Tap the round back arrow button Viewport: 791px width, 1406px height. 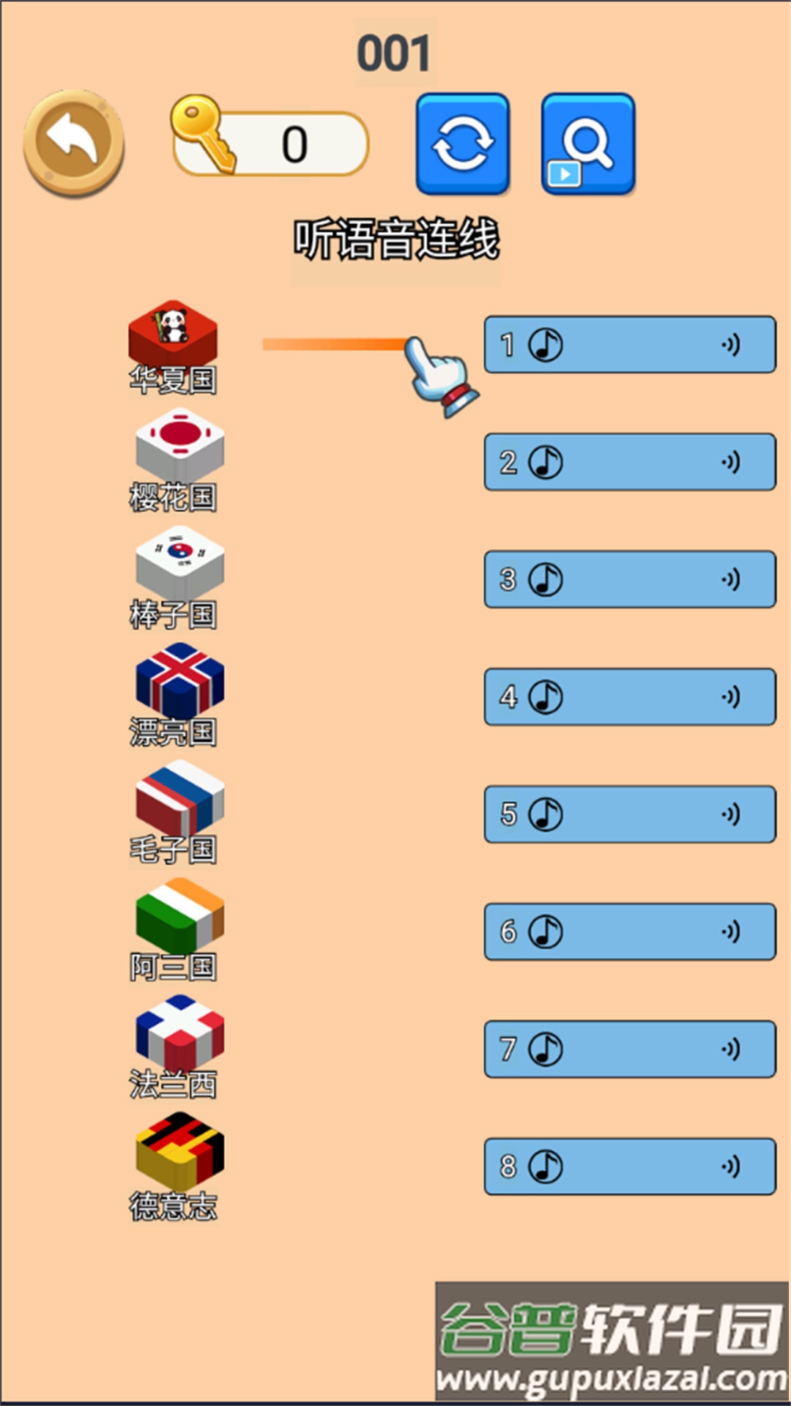74,143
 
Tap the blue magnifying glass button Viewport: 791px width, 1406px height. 587,144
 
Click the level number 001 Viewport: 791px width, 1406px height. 394,53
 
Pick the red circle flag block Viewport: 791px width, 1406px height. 180,445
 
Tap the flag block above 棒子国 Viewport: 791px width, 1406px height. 180,562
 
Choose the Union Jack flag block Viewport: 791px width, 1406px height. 180,680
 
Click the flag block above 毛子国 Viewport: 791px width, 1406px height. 180,797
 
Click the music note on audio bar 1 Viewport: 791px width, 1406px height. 546,344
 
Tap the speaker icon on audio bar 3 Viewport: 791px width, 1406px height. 731,579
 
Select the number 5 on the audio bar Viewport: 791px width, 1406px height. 509,814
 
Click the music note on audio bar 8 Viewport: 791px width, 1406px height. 546,1167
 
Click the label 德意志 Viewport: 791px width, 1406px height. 174,1206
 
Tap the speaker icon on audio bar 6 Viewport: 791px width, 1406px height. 731,931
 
